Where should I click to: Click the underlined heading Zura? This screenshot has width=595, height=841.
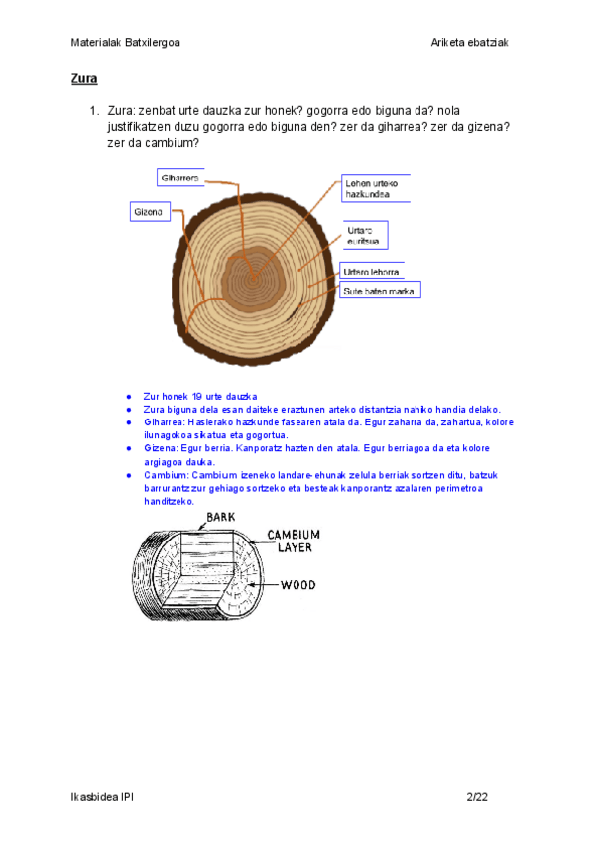click(83, 77)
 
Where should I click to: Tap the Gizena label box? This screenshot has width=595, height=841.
click(151, 211)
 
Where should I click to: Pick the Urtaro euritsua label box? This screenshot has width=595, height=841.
click(365, 235)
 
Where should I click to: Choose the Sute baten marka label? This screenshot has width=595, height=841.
click(380, 290)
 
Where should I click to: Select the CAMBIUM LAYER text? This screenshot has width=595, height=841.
click(299, 541)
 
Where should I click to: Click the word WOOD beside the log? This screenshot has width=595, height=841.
click(297, 585)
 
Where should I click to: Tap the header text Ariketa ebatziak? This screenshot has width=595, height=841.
click(470, 42)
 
